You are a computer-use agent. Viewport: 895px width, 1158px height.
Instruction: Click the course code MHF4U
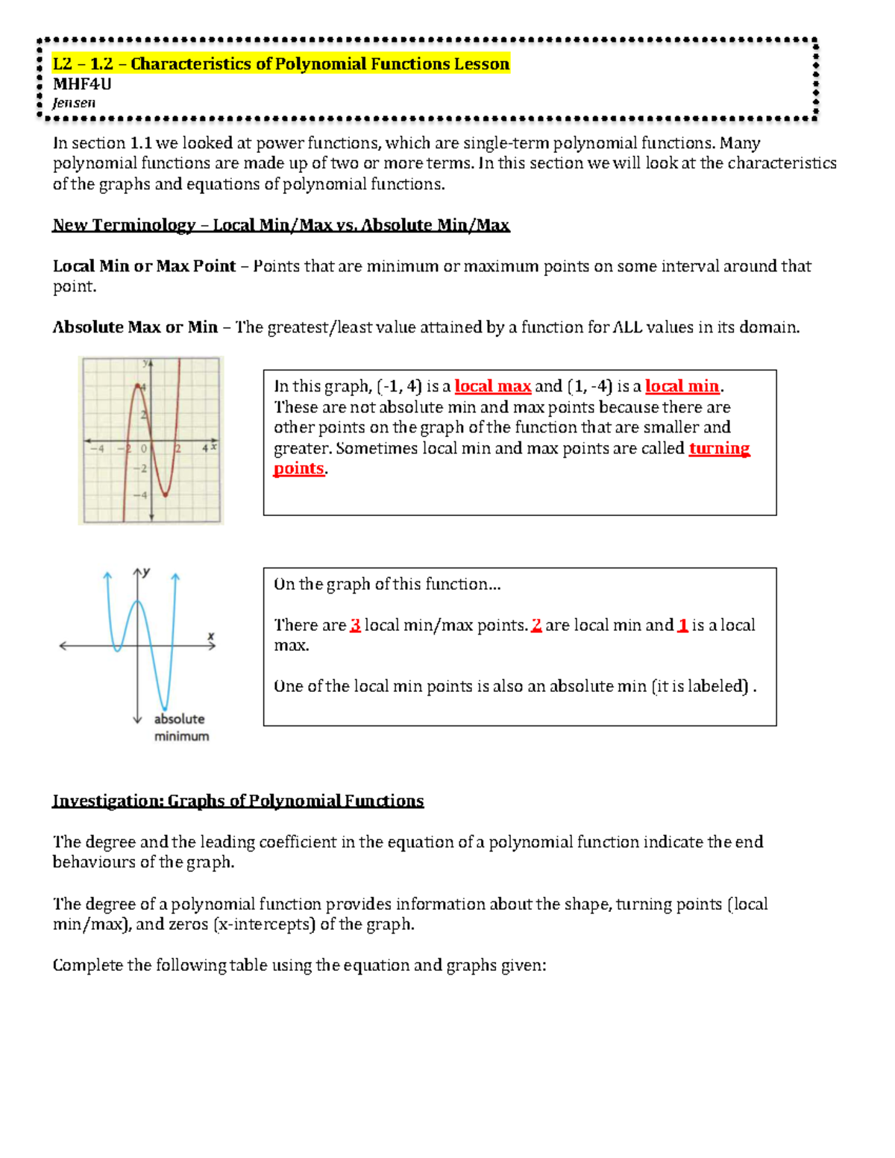click(82, 84)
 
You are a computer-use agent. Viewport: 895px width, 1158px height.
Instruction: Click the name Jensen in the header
click(74, 103)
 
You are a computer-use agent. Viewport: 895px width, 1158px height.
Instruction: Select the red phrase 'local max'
click(492, 386)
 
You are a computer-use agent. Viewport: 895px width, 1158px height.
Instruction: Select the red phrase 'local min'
click(682, 386)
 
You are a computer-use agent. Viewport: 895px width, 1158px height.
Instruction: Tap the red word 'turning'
click(719, 448)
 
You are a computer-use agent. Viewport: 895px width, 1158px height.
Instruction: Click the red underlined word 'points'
click(298, 469)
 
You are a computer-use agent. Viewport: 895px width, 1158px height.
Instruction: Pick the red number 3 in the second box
click(355, 625)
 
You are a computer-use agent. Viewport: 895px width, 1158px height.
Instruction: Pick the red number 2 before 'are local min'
click(536, 625)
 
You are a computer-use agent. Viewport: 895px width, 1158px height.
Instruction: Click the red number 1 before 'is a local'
click(682, 625)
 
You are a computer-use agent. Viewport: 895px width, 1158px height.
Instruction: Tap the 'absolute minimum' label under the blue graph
click(180, 728)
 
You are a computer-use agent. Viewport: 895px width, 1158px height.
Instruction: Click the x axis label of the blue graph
click(211, 636)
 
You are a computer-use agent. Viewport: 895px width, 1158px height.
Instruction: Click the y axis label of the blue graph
click(146, 572)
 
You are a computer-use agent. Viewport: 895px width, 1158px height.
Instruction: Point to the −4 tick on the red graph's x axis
click(97, 448)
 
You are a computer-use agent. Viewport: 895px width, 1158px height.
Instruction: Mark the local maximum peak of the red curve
click(138, 385)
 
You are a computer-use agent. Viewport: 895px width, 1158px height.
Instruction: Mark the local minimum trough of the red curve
click(165, 494)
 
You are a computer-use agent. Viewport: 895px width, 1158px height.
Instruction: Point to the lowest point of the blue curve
click(165, 709)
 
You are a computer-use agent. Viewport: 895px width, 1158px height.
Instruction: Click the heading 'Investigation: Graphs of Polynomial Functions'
click(238, 801)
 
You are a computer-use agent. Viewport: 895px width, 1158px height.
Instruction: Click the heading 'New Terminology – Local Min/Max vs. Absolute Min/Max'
click(280, 225)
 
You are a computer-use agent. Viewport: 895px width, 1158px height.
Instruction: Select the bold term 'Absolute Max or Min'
click(135, 327)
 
